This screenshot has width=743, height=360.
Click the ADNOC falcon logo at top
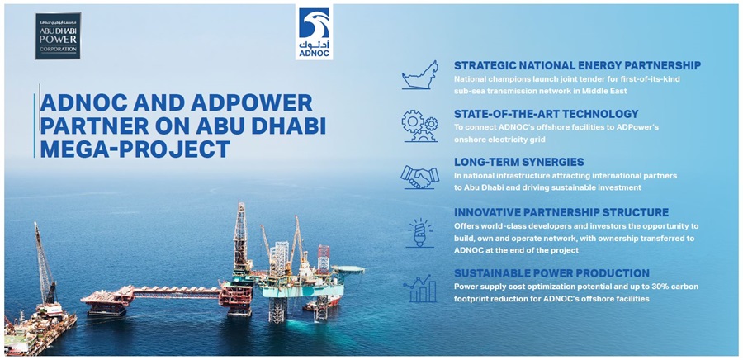pos(314,31)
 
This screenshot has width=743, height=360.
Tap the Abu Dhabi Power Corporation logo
pos(58,36)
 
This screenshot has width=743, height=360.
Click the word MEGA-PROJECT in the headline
pos(135,149)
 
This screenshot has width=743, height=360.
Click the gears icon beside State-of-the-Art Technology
pos(420,126)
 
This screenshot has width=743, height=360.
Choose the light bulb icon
pos(420,233)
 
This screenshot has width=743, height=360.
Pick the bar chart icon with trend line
pos(420,288)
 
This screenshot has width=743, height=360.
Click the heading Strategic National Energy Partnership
pos(577,65)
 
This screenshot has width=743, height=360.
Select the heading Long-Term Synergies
pos(518,162)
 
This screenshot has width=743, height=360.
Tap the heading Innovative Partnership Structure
pos(561,211)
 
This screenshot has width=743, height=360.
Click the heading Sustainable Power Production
pos(551,272)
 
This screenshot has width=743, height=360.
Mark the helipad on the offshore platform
pos(348,269)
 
